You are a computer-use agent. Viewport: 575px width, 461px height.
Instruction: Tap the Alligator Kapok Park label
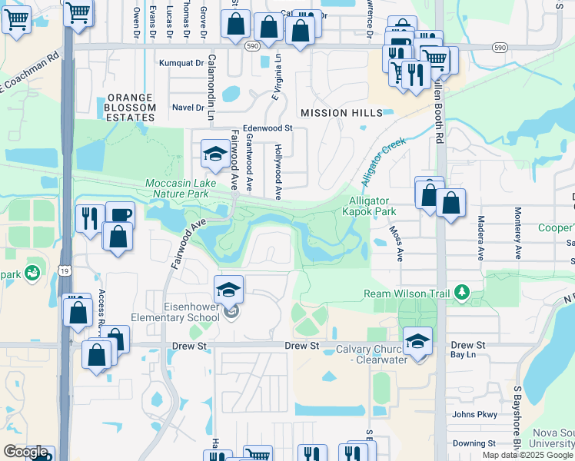[370, 205]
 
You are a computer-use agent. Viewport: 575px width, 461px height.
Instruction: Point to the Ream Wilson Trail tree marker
[461, 292]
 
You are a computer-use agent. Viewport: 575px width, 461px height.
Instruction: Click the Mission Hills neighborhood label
[341, 113]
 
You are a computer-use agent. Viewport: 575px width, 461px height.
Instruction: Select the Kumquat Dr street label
[178, 64]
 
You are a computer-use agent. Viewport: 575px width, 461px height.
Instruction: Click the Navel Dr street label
[188, 108]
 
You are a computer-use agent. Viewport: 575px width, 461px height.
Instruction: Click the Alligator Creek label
[383, 162]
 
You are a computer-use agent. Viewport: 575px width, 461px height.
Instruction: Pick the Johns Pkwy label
[474, 415]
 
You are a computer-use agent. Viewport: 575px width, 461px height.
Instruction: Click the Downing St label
[474, 443]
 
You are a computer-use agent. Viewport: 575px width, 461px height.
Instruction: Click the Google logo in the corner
[25, 452]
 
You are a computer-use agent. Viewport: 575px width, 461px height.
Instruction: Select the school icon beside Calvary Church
[417, 342]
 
